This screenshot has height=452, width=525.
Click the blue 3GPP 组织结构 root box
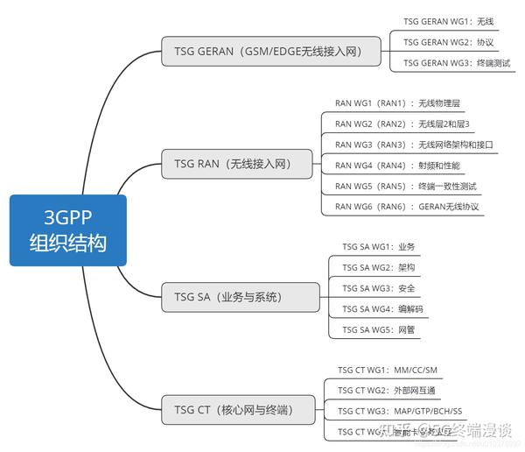point(68,230)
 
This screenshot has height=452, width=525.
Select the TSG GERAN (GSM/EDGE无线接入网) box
point(273,52)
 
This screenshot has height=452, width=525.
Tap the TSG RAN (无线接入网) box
point(239,163)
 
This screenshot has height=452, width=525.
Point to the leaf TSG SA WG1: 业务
point(378,247)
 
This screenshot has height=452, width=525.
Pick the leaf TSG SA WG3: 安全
point(378,288)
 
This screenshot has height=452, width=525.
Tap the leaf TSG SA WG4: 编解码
point(381,309)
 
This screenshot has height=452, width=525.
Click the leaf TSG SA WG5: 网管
point(378,330)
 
